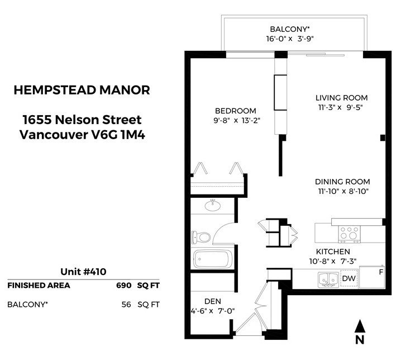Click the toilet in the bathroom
[x=201, y=237]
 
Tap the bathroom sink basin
[x=213, y=206]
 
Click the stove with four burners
[x=350, y=234]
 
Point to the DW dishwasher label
[x=349, y=278]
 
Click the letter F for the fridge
[x=381, y=272]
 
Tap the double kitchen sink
[x=328, y=280]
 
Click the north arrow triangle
[x=360, y=326]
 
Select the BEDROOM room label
[x=236, y=111]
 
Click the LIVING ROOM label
[x=342, y=98]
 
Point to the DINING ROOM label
[x=342, y=182]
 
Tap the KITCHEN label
[x=333, y=252]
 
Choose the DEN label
[x=213, y=301]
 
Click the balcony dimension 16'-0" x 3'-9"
[x=290, y=39]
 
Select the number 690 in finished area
[x=124, y=285]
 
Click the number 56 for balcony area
[x=126, y=304]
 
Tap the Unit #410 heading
[x=83, y=272]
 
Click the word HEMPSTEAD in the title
[x=55, y=90]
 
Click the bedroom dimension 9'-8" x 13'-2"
[x=237, y=121]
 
